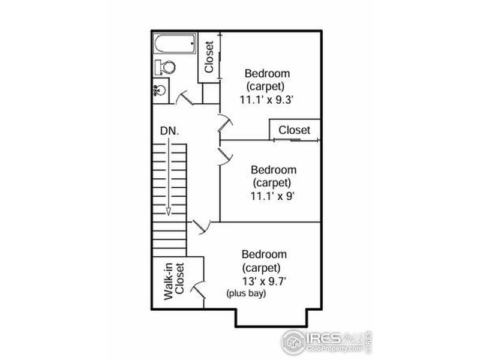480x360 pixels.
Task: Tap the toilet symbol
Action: tap(165, 67)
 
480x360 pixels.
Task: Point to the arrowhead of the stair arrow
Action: tap(169, 211)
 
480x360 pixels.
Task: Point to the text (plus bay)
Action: tap(246, 294)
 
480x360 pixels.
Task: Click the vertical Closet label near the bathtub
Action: tap(209, 58)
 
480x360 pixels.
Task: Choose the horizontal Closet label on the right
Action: tap(295, 130)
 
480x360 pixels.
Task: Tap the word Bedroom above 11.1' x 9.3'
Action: tap(267, 74)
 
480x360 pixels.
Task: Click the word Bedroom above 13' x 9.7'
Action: tap(264, 254)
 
